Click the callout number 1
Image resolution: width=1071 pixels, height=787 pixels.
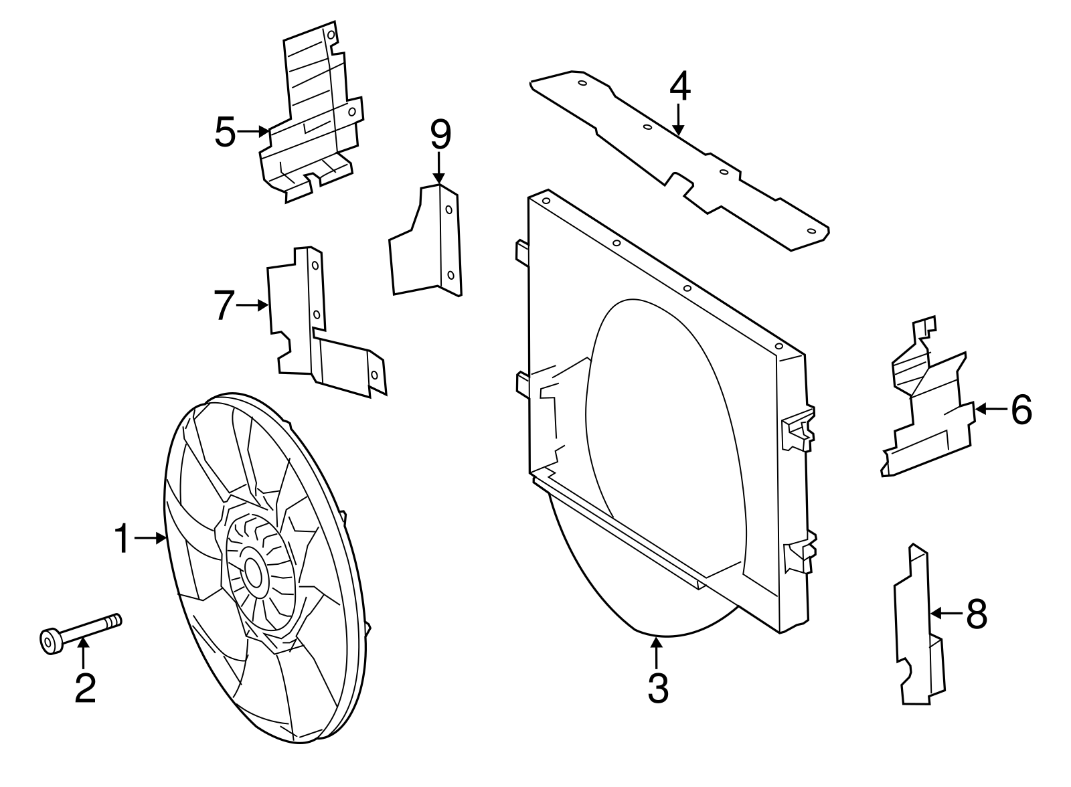coord(121,539)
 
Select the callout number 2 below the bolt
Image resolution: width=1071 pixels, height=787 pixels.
coord(85,687)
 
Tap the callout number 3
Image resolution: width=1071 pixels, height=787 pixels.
coord(658,687)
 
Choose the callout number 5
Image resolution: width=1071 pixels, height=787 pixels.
coord(226,132)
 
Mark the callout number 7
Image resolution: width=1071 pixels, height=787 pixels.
coord(224,305)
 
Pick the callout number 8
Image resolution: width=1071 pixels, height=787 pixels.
coord(977,613)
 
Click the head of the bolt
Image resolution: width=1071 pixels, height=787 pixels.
coord(50,641)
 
